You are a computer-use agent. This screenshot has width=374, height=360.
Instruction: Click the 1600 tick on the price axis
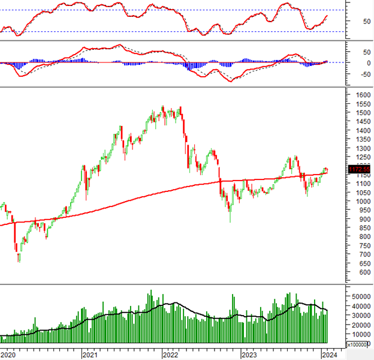point(361,95)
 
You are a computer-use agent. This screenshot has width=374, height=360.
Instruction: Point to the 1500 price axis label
point(361,113)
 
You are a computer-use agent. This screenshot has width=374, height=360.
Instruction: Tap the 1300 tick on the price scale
point(361,148)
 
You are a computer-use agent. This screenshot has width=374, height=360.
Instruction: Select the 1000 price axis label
point(361,201)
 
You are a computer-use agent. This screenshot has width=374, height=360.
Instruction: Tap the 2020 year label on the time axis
point(9,355)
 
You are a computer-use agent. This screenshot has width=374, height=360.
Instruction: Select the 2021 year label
point(90,355)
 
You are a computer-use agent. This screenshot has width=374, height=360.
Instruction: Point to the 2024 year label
point(328,355)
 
